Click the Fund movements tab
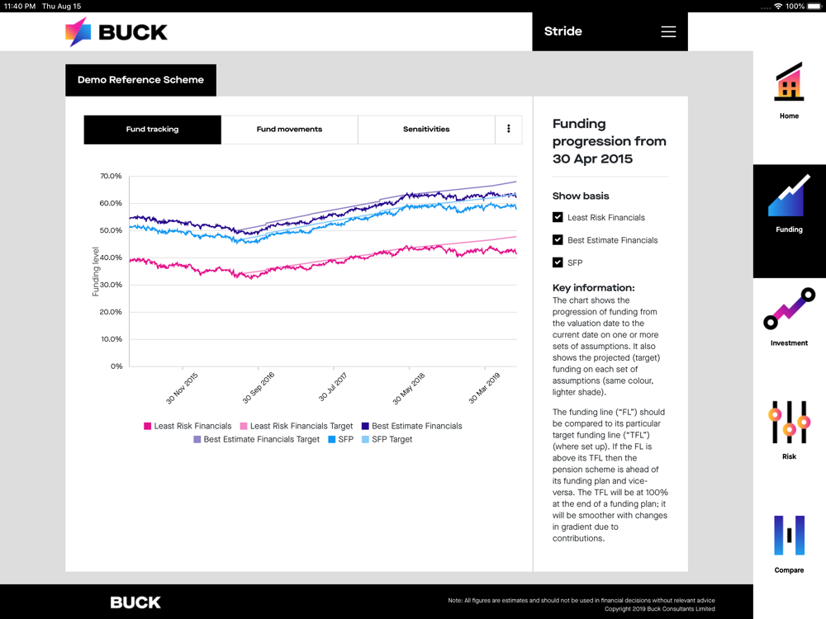289,130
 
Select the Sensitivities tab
426,130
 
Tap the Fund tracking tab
152,130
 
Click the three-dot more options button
509,130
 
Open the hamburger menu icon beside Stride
668,31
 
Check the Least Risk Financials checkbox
558,217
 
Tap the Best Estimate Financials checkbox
558,239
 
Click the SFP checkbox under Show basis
558,262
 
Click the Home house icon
789,83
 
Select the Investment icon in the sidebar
789,309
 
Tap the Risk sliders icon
789,423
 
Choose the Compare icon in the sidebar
789,536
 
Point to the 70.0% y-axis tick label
111,177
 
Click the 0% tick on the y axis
116,366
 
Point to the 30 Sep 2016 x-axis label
259,387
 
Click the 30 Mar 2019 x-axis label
485,387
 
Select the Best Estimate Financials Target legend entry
256,440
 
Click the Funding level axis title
96,272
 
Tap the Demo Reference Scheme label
140,80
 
